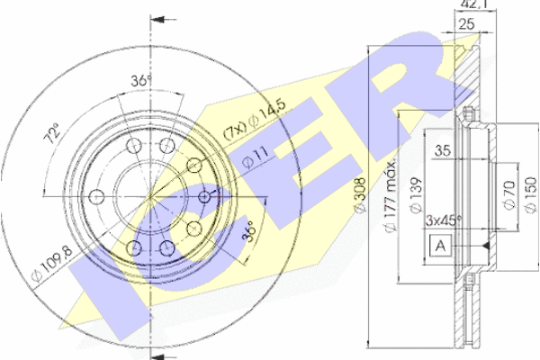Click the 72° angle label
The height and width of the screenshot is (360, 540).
(x=51, y=133)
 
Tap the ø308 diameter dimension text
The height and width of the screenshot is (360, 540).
(x=360, y=195)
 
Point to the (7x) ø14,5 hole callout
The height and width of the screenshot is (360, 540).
(x=255, y=119)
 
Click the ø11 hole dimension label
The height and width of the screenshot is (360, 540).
(x=255, y=157)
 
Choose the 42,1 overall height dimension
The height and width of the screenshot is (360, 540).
(x=475, y=4)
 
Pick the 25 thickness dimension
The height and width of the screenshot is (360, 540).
(x=467, y=24)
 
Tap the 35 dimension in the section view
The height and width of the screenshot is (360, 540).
(x=443, y=150)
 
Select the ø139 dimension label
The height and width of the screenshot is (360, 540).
(x=417, y=195)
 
